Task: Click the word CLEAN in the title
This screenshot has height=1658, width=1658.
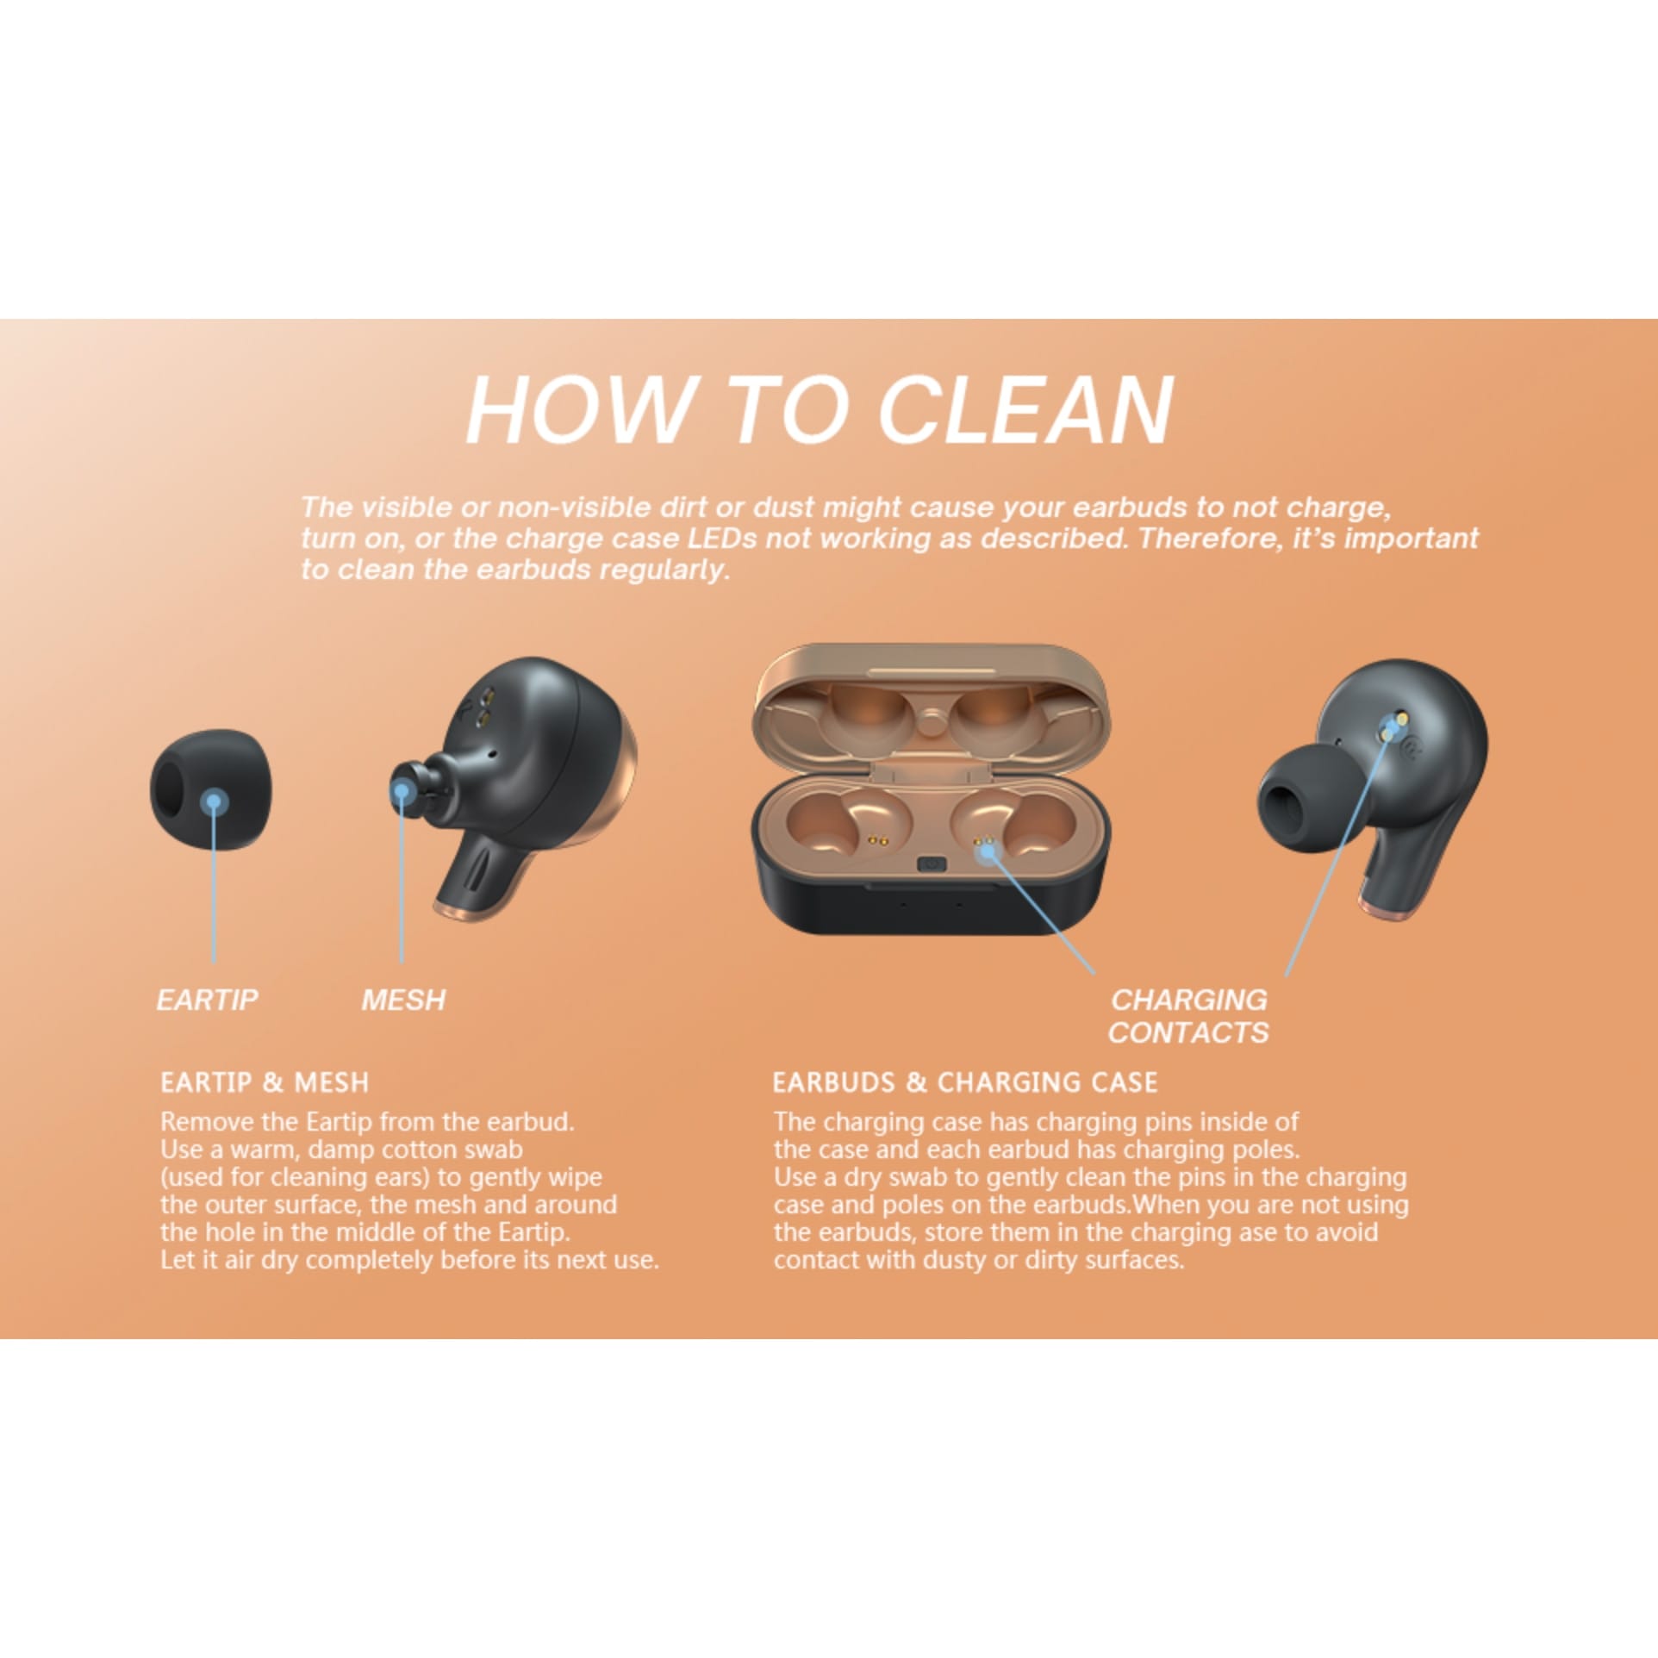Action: pos(1025,409)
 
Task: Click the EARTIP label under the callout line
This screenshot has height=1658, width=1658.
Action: pos(207,1000)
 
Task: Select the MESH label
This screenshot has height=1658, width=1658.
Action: pos(403,1000)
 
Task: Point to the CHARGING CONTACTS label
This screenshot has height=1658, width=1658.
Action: pos(1188,1016)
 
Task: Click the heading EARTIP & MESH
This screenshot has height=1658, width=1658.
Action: pos(265,1082)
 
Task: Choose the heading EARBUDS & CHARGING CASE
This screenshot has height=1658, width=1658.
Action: pos(965,1082)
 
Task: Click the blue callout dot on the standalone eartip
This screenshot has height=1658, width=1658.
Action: pos(214,803)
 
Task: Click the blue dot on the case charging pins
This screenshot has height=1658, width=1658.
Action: pos(988,852)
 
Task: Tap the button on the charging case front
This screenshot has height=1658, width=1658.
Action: pos(932,864)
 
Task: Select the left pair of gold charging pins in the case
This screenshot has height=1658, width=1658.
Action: pos(877,839)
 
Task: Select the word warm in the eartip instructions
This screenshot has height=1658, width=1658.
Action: pos(262,1150)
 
